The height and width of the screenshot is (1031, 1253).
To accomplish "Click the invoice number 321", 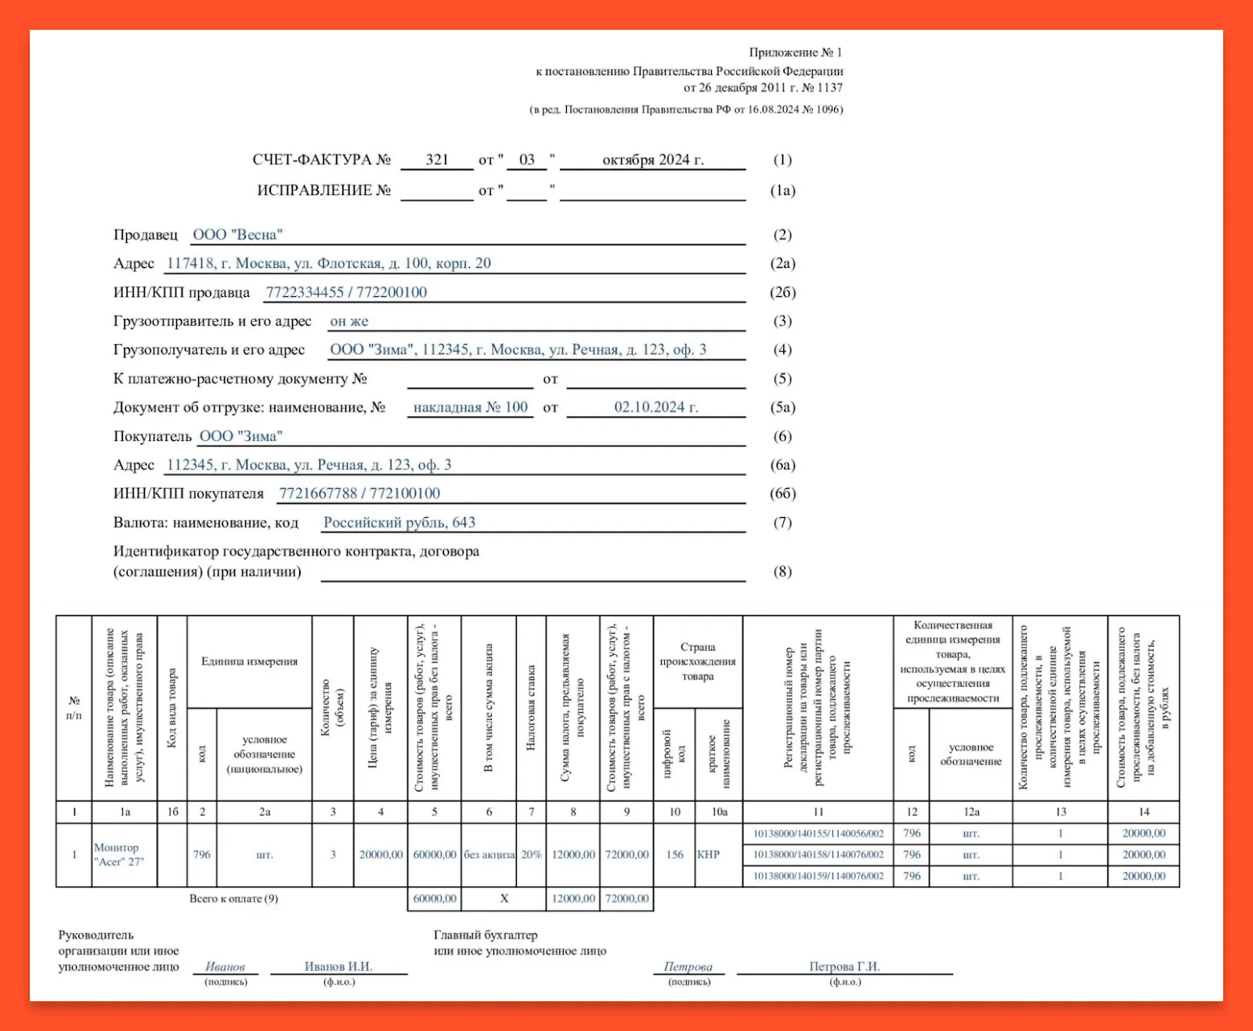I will [437, 160].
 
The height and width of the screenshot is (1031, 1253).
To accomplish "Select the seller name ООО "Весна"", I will [237, 235].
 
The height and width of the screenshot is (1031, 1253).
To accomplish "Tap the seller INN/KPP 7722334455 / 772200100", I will [346, 292].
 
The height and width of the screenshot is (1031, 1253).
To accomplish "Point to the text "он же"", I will [349, 321].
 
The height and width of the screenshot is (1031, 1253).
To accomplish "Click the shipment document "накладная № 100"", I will [471, 407].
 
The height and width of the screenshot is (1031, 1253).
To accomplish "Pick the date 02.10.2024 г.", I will [655, 407].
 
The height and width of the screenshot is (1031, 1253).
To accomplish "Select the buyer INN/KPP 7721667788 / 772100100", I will [359, 494].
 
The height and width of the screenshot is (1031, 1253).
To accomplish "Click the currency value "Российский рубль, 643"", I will [399, 523].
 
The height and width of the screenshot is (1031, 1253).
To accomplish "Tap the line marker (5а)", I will [782, 407].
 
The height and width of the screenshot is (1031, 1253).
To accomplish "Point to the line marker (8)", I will [782, 571].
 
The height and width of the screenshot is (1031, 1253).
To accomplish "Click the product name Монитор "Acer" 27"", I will [119, 855].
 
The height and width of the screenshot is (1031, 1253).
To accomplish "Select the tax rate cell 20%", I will [531, 855].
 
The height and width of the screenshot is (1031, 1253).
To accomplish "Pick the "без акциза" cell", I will [489, 855].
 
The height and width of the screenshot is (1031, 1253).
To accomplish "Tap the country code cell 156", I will [674, 855].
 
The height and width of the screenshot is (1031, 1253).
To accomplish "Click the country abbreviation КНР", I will [708, 855].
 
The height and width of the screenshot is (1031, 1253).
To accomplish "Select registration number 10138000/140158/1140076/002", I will [818, 855].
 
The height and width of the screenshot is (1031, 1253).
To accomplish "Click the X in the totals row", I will [504, 899].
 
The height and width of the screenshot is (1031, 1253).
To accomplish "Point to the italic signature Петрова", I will [688, 967].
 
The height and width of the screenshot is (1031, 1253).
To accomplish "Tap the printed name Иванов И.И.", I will [338, 967].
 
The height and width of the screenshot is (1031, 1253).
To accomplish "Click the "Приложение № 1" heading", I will [795, 52].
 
